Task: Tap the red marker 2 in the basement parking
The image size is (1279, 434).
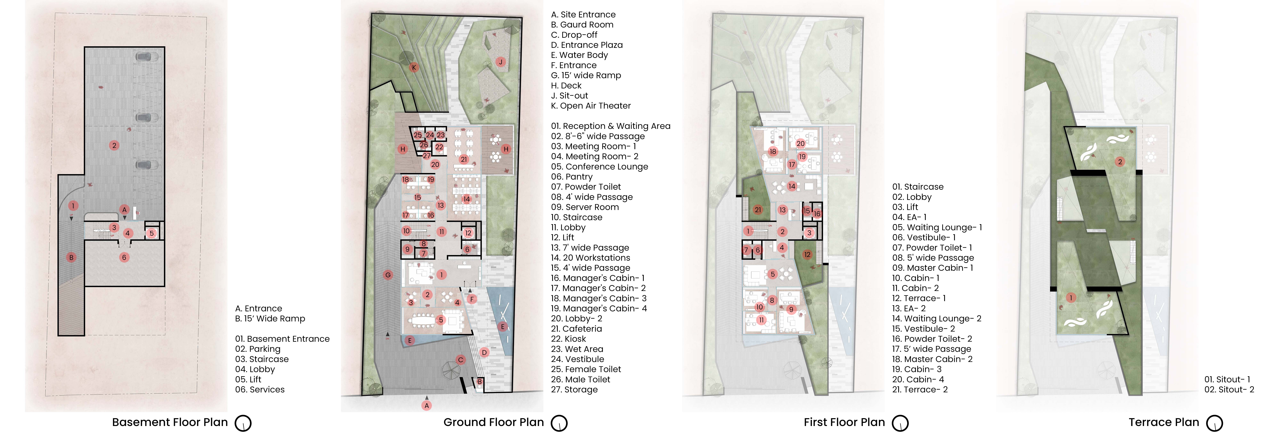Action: pyautogui.click(x=114, y=145)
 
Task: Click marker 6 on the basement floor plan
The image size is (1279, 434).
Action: pyautogui.click(x=124, y=257)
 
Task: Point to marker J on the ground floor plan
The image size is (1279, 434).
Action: pyautogui.click(x=500, y=62)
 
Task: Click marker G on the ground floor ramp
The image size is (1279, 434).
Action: pyautogui.click(x=388, y=275)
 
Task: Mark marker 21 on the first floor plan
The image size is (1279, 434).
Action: pyautogui.click(x=758, y=210)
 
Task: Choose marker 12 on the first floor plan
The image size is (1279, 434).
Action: pyautogui.click(x=807, y=254)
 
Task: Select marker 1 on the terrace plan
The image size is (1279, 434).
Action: pyautogui.click(x=1071, y=298)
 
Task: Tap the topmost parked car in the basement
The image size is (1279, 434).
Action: pyautogui.click(x=147, y=57)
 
